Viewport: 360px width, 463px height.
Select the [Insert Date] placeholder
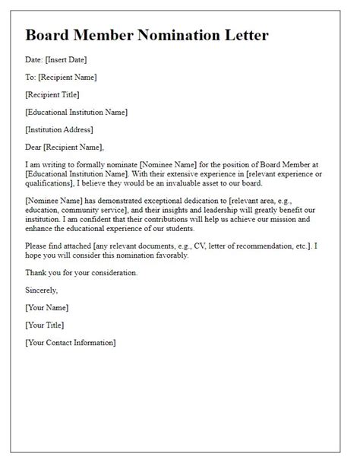click(70, 59)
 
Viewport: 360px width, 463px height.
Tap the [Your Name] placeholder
click(47, 307)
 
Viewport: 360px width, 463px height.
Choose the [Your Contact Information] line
click(71, 343)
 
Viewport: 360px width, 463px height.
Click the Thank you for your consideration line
click(81, 272)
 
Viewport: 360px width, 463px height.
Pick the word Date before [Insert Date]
click(33, 59)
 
